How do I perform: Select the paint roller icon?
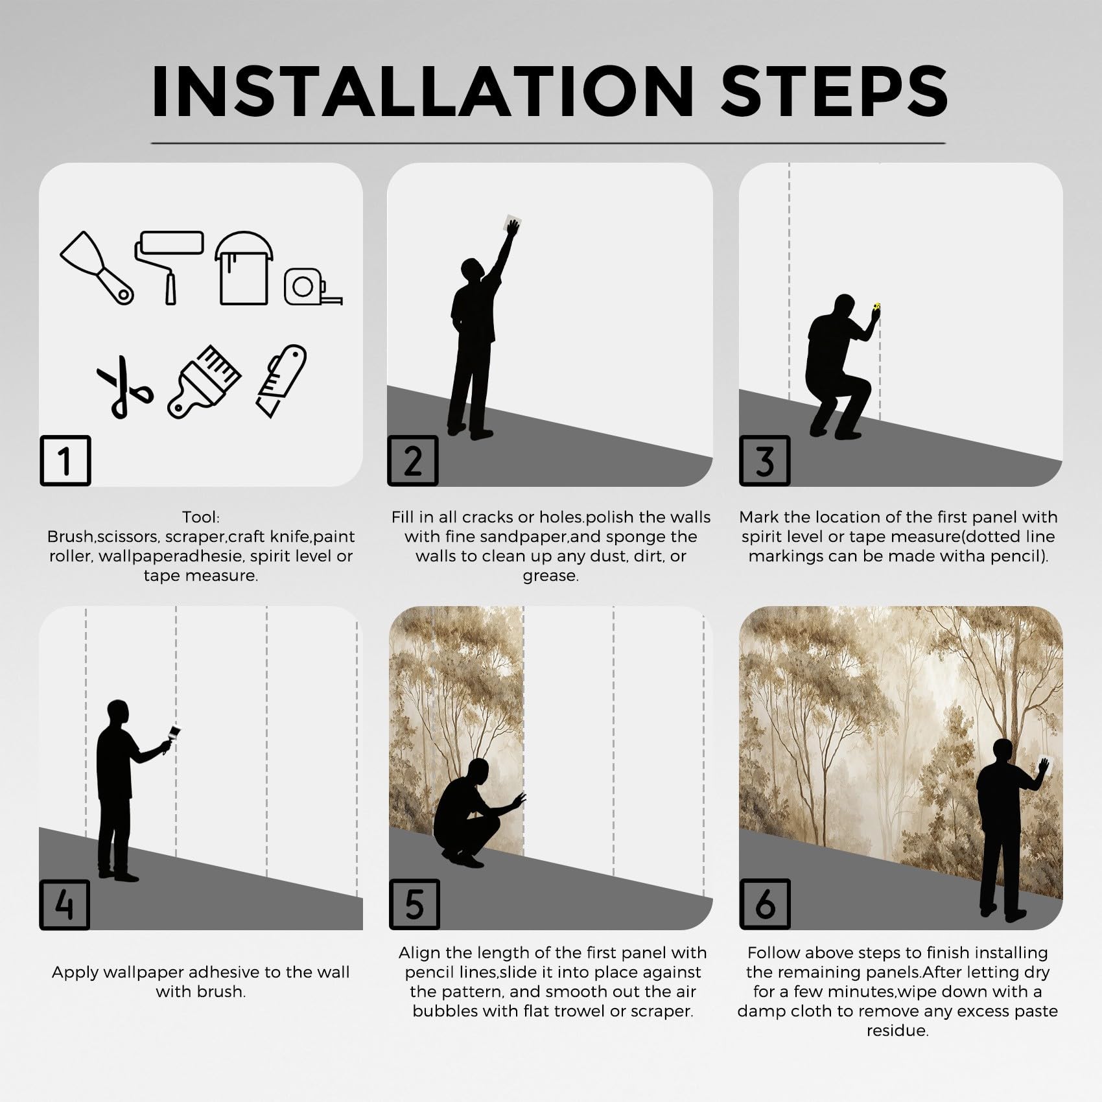click(169, 266)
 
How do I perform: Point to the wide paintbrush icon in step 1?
click(205, 381)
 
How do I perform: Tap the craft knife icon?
click(281, 381)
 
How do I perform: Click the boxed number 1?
click(65, 460)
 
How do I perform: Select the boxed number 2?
click(413, 460)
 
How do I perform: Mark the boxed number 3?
click(765, 460)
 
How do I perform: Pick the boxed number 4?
click(65, 904)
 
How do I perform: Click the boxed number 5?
click(415, 904)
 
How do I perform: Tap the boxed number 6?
click(765, 904)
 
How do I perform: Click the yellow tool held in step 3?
click(877, 307)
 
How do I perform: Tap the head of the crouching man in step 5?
click(478, 771)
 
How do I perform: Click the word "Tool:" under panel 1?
click(201, 517)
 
